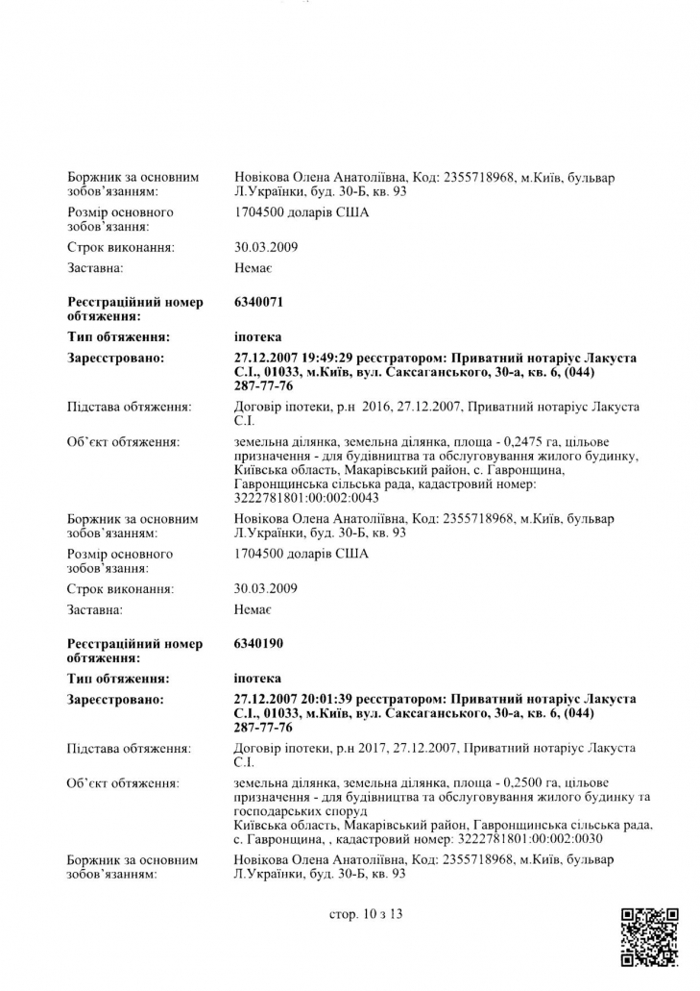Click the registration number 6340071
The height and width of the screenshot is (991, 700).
pos(258,302)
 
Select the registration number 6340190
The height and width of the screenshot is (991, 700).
pos(258,643)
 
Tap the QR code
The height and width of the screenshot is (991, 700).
pos(650,936)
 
